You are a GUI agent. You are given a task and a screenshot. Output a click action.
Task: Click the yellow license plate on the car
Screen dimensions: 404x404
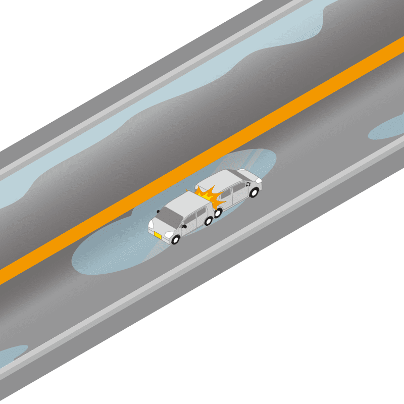pos(158,235)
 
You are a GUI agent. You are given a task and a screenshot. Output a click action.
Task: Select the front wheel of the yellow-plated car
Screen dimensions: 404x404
pos(176,240)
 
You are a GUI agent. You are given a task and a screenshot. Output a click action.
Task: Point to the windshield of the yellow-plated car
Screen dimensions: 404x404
pos(171,217)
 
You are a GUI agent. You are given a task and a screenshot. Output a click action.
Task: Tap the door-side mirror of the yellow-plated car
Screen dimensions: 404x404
pos(184,226)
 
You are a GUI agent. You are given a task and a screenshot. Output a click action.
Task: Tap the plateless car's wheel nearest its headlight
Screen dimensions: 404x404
pos(254,192)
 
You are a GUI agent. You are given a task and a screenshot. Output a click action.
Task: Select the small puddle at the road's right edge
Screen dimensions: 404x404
pos(386,129)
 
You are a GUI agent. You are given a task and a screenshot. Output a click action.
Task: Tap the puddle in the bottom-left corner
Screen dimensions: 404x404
pos(11,355)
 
